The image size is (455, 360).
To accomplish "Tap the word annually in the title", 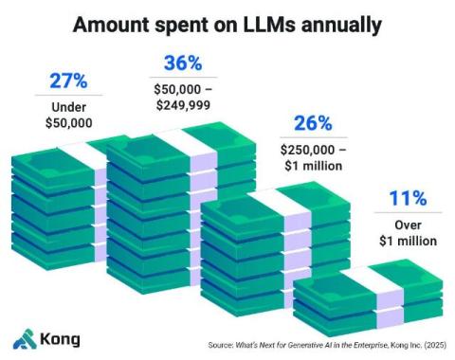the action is coord(341,26).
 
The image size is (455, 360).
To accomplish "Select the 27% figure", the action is coord(68,81).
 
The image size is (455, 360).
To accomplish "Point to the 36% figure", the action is coord(183,63).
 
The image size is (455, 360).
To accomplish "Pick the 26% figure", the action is coord(313,123).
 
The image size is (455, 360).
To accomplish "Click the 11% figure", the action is coord(408,198).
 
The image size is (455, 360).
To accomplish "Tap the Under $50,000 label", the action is coord(69,115).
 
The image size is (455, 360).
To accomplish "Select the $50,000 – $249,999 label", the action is coord(183,97).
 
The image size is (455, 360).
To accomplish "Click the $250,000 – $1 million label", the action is coord(313,157).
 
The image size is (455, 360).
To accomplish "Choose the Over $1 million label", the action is coord(408,233).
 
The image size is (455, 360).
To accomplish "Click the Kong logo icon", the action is coord(25,339).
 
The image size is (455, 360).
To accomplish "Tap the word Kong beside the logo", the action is coord(60,340).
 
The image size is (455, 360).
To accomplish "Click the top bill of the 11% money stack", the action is coord(368,282).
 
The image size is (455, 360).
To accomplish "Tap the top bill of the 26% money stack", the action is coord(275,206).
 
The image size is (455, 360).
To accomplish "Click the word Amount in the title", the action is coord(111,25).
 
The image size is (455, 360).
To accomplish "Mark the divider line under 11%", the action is coord(408,212).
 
